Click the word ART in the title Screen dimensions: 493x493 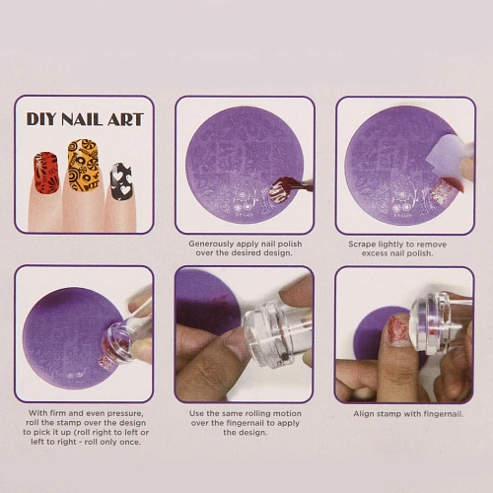(x=125, y=119)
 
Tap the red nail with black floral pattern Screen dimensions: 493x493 (x=46, y=174)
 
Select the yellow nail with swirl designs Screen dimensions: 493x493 (x=83, y=165)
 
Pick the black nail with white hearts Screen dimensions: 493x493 (x=121, y=181)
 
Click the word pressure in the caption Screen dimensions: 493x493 (x=125, y=413)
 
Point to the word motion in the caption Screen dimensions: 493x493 (x=286, y=413)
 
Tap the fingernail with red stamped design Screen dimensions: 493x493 (x=398, y=330)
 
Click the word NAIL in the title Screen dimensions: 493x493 (x=81, y=119)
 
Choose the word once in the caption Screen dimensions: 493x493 (x=130, y=443)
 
